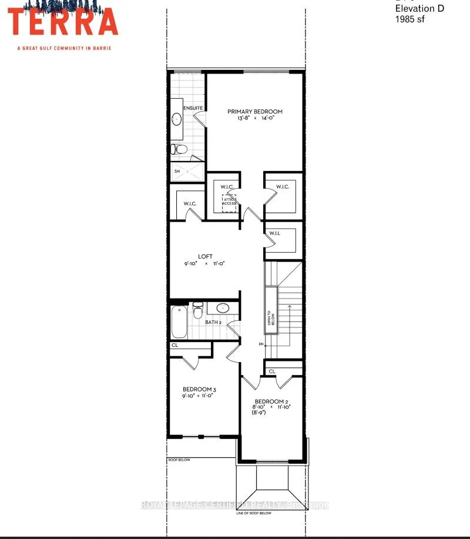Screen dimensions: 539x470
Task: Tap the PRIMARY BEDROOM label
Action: [x=255, y=112]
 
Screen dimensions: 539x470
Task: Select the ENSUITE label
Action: [x=193, y=108]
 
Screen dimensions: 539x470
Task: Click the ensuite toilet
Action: [x=179, y=150]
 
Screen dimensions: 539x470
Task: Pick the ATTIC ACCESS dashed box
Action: [x=229, y=203]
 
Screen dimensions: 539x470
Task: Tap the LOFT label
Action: [x=205, y=256]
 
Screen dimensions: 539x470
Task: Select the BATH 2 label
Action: [x=213, y=322]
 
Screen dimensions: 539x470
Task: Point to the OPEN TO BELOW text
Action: [x=271, y=317]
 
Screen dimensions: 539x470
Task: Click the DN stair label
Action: [x=260, y=344]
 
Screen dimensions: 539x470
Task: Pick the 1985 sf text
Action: [x=409, y=19]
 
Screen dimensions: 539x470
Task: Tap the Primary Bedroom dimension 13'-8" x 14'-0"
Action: [x=255, y=119]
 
